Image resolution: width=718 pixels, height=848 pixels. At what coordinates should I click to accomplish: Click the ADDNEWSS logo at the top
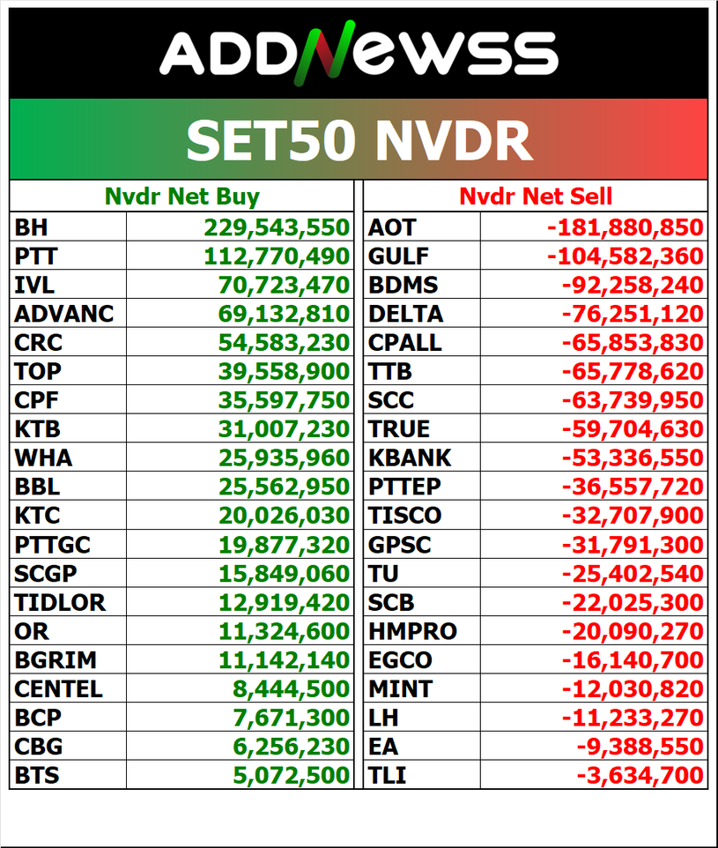tap(359, 53)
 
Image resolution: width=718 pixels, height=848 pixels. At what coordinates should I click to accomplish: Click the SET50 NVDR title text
tap(359, 139)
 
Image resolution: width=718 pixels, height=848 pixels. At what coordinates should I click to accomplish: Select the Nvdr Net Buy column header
tap(181, 196)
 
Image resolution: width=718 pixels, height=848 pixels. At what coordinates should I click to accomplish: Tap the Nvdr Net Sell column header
tap(536, 196)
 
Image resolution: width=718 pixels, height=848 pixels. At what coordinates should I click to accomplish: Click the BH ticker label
tap(32, 227)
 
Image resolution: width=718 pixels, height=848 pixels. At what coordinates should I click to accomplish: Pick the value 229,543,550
tap(278, 227)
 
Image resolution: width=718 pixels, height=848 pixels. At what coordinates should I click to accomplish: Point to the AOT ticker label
tap(391, 227)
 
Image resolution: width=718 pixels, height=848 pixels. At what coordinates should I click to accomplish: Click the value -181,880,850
tap(625, 227)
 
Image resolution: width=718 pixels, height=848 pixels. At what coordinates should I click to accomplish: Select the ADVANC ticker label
tap(64, 314)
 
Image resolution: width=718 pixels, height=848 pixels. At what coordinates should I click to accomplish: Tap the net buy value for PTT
tap(278, 257)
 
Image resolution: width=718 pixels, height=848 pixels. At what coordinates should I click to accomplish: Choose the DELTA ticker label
tap(405, 314)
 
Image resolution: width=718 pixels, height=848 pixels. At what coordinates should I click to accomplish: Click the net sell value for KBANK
tap(633, 458)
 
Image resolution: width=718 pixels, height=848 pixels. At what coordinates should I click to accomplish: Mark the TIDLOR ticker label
tap(60, 603)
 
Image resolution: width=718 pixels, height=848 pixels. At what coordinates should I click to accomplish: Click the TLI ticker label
tap(388, 777)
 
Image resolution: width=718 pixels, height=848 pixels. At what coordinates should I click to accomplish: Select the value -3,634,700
tap(640, 777)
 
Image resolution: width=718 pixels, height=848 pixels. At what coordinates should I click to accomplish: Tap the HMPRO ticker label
tap(412, 632)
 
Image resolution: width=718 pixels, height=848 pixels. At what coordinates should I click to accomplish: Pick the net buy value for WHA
tap(284, 458)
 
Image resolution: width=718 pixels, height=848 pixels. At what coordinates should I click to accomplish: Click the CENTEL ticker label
tap(58, 689)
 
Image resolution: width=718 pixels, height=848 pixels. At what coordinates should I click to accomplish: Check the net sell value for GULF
tap(625, 257)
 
